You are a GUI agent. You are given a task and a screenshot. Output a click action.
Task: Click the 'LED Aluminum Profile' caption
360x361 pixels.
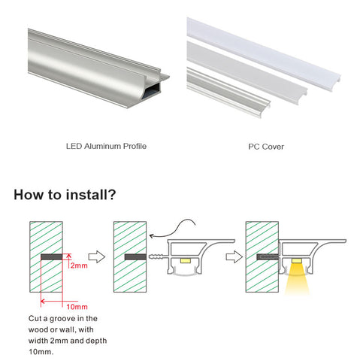pyautogui.click(x=106, y=146)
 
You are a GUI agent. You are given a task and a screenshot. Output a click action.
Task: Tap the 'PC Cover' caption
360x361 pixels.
pyautogui.click(x=266, y=147)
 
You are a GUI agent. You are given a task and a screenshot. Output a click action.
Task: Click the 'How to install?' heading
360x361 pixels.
pyautogui.click(x=65, y=195)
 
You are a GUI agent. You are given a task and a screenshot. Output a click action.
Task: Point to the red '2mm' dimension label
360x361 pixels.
pyautogui.click(x=79, y=265)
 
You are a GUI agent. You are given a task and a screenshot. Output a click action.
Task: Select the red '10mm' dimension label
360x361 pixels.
pyautogui.click(x=77, y=307)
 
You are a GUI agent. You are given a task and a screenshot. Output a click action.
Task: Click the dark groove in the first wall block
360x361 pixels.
pyautogui.click(x=51, y=256)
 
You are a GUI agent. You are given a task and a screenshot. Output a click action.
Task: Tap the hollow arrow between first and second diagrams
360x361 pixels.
pyautogui.click(x=97, y=256)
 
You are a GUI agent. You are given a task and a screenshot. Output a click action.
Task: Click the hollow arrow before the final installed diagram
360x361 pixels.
pyautogui.click(x=234, y=256)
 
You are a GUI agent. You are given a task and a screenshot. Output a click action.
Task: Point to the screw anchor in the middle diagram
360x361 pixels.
pyautogui.click(x=158, y=256)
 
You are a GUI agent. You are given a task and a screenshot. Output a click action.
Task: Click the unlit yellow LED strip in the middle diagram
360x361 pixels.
pyautogui.click(x=185, y=261)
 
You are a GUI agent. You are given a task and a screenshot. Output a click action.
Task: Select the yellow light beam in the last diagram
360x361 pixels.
pyautogui.click(x=297, y=278)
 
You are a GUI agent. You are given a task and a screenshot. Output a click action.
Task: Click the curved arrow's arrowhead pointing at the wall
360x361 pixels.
pyautogui.click(x=152, y=236)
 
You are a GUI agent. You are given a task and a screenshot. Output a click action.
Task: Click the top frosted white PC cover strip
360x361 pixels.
pyautogui.click(x=263, y=53)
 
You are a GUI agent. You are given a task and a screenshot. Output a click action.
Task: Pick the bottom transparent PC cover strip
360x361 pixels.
pyautogui.click(x=228, y=93)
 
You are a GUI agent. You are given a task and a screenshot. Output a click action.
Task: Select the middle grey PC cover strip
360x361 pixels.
pyautogui.click(x=247, y=73)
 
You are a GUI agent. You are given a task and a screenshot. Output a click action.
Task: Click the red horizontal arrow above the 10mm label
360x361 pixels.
pyautogui.click(x=59, y=301)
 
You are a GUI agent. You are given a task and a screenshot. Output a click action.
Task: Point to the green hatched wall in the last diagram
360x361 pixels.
pyautogui.click(x=262, y=256)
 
